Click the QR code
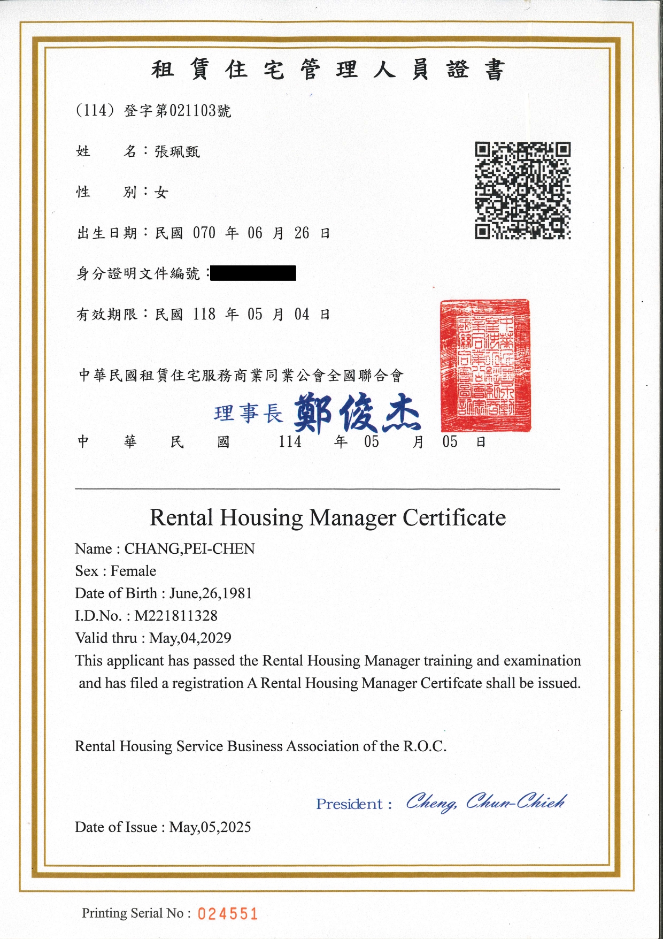[522, 190]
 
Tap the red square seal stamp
[485, 366]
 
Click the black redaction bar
[253, 273]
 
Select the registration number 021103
[193, 111]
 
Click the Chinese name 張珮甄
[177, 152]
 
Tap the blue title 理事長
[248, 414]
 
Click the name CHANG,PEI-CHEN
[189, 549]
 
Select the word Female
[133, 571]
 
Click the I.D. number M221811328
[176, 616]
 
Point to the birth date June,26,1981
[211, 593]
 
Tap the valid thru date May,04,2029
[190, 638]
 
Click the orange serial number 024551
[228, 914]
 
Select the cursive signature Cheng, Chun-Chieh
[485, 802]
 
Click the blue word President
[349, 804]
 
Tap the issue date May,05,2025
[210, 827]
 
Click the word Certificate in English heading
[454, 518]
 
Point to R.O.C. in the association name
[425, 746]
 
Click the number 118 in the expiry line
[204, 314]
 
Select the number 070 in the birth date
[204, 233]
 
